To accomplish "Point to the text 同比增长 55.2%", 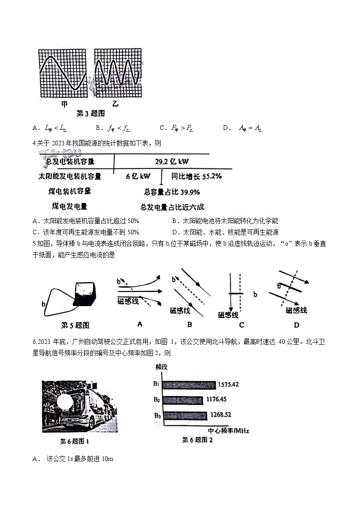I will tap(196, 176).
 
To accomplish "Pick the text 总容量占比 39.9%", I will tap(172, 192).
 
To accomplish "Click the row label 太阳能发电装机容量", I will tap(69, 176).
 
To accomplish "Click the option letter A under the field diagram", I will tap(140, 324).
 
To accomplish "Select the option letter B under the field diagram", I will tap(189, 324).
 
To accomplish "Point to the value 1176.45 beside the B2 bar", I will tap(220, 400).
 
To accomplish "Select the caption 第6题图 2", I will tap(197, 440).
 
